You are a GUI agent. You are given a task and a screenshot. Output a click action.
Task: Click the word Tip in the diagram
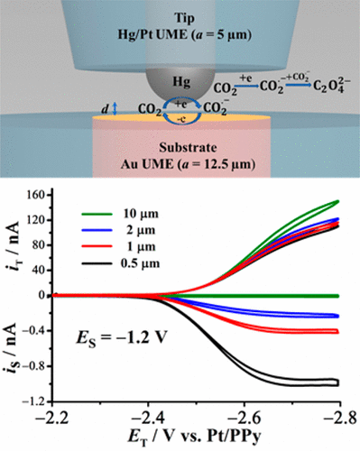(x=179, y=17)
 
